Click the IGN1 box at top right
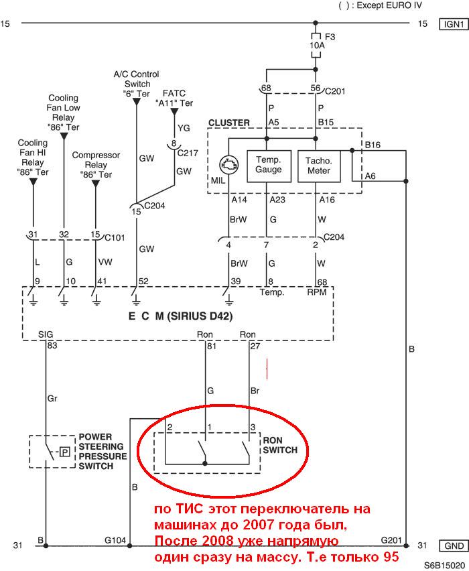pyautogui.click(x=454, y=24)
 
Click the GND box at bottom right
pyautogui.click(x=454, y=546)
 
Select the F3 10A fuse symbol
pyautogui.click(x=316, y=45)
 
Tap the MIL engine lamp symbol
pyautogui.click(x=229, y=166)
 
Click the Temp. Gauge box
pyautogui.click(x=269, y=166)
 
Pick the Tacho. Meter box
pyautogui.click(x=319, y=166)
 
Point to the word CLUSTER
pyautogui.click(x=229, y=123)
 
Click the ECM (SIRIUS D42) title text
pyautogui.click(x=181, y=316)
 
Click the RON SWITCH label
pyautogui.click(x=280, y=445)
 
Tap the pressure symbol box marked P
pyautogui.click(x=65, y=452)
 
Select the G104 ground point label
pyautogui.click(x=115, y=540)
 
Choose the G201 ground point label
pyautogui.click(x=391, y=540)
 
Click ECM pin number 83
pyautogui.click(x=52, y=345)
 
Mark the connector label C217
pyautogui.click(x=188, y=153)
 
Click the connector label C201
pyautogui.click(x=335, y=91)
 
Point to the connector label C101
pyautogui.click(x=115, y=237)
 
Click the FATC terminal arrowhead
pyautogui.click(x=174, y=111)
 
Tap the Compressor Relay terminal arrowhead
pyautogui.click(x=96, y=184)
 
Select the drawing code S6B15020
pyautogui.click(x=444, y=566)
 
